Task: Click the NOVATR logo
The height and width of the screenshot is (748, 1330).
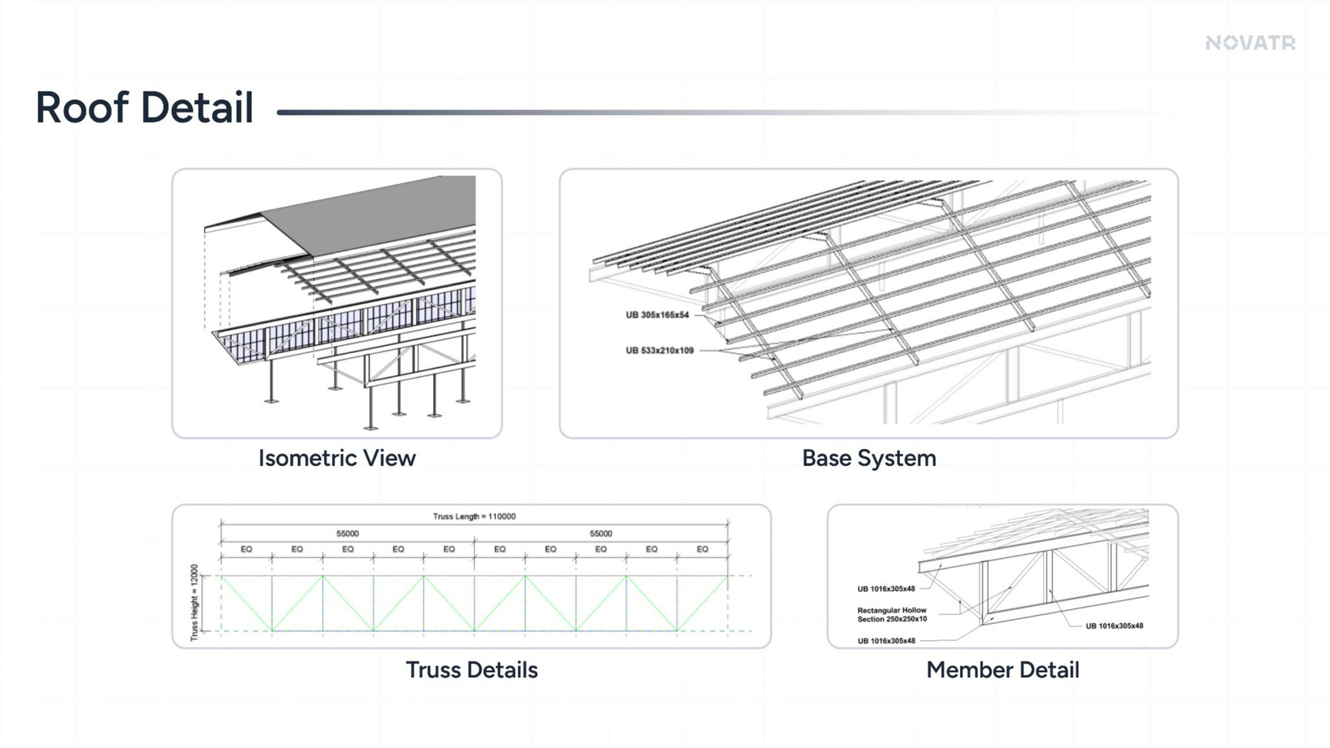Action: click(1250, 43)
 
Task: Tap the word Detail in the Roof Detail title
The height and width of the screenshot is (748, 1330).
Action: click(197, 107)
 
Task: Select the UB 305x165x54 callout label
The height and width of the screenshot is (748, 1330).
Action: click(657, 315)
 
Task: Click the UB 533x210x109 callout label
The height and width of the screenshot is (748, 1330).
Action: click(660, 351)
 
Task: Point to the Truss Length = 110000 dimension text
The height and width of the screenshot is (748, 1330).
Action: click(474, 516)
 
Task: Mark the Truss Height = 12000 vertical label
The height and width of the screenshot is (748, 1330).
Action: click(194, 603)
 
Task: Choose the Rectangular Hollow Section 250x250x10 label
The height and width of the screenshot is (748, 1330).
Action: click(892, 614)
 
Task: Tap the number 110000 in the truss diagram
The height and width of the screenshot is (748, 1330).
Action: click(502, 516)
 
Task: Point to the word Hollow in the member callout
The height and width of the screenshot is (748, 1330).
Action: click(913, 611)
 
